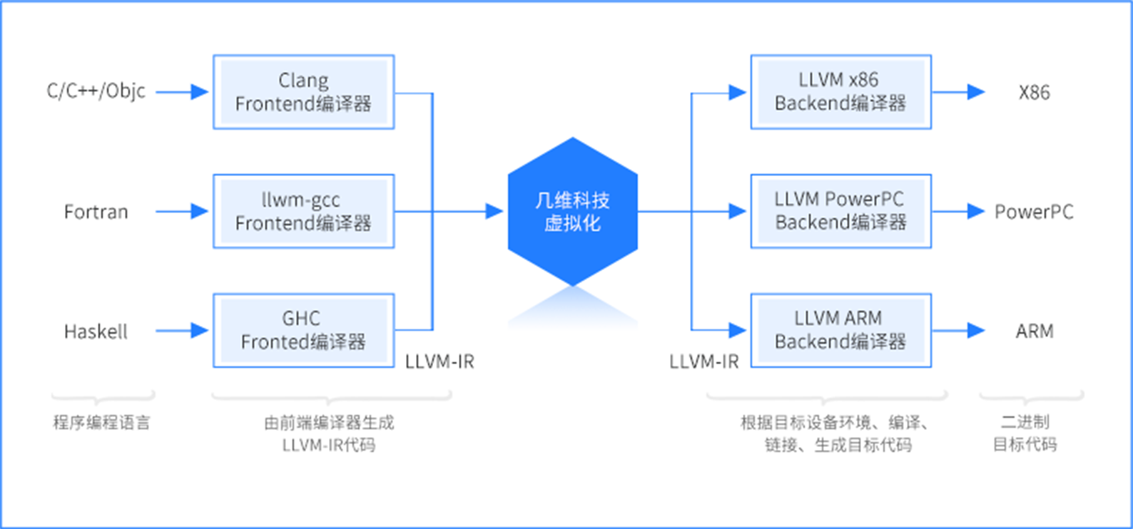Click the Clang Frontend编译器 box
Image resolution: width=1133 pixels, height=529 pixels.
[303, 92]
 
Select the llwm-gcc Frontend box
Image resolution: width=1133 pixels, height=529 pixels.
[303, 211]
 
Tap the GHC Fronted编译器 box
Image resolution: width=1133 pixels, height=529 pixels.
[303, 330]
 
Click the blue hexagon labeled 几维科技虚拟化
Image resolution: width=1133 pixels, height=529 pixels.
[572, 211]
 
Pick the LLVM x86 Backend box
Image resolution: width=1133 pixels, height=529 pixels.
[840, 92]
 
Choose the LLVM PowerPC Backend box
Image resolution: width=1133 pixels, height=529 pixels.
[840, 211]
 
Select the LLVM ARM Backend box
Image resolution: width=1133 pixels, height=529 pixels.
[840, 330]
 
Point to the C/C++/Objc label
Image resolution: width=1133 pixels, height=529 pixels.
[96, 91]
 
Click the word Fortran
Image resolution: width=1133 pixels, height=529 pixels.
[96, 212]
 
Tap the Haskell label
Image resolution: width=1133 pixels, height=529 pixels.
[96, 332]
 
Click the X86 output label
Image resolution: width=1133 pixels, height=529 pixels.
[1034, 93]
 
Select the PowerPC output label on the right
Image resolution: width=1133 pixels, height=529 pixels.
[1034, 212]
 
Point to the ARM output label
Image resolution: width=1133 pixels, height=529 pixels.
[1034, 332]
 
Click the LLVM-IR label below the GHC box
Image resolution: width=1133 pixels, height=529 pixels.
[440, 362]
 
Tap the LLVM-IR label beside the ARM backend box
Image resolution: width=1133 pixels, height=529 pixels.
[703, 362]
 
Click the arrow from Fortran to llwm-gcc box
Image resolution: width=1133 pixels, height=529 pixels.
[181, 211]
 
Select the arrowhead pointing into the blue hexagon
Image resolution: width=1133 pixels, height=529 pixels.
[494, 211]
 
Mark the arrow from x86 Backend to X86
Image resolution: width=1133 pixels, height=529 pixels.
[958, 92]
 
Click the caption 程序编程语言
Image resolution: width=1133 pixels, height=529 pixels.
[101, 423]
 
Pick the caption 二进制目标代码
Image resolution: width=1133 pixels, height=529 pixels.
[1025, 433]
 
